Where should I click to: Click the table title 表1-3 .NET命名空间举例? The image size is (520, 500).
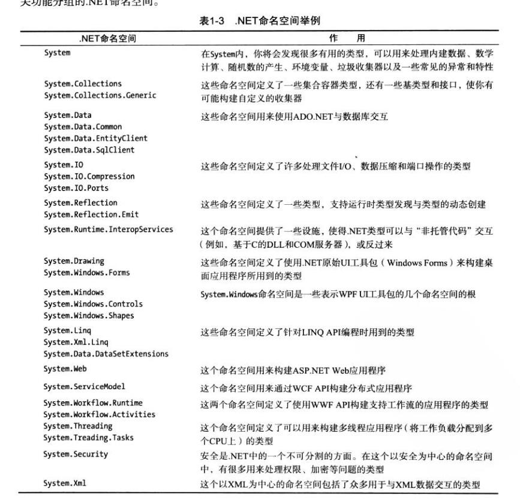(259, 21)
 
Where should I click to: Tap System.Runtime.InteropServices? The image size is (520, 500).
(108, 229)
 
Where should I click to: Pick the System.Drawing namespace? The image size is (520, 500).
(74, 261)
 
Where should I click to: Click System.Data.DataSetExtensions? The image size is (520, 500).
(106, 354)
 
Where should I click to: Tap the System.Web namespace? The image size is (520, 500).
(65, 369)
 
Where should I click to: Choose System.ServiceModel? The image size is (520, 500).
(85, 387)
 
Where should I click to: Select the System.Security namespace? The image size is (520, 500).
(76, 454)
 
